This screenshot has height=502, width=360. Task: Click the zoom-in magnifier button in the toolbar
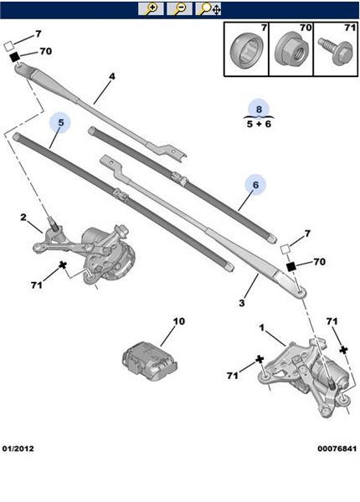[151, 8]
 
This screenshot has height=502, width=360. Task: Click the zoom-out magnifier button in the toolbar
[179, 8]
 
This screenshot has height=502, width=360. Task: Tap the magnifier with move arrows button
[208, 8]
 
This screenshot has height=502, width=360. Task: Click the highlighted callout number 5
[61, 122]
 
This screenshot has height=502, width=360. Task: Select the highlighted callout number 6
[255, 185]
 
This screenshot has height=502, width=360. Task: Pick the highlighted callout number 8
[259, 109]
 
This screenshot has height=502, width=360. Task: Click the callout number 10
[179, 321]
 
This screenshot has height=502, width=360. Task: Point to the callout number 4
[112, 76]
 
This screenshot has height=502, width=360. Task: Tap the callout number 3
[242, 303]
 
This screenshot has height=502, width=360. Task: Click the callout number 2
[23, 218]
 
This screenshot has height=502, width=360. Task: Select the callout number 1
[262, 327]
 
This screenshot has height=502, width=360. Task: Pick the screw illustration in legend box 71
[336, 50]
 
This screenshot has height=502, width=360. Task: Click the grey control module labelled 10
[150, 361]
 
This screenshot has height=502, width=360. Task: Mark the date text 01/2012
[18, 448]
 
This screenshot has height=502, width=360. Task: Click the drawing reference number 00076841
[337, 448]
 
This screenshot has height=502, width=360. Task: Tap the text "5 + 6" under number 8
[259, 124]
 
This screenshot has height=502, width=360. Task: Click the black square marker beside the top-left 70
[14, 57]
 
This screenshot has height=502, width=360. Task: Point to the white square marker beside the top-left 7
[8, 45]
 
